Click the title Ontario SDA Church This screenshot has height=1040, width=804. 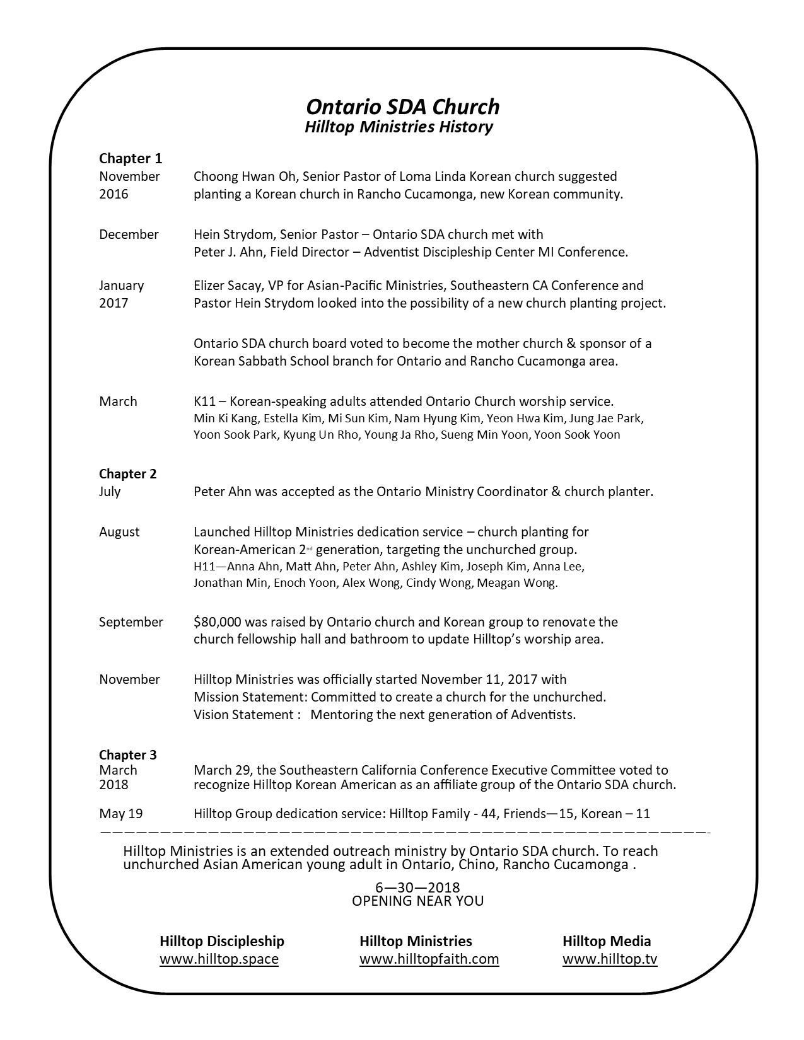pos(402,107)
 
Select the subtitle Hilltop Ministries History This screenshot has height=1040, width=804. pos(399,127)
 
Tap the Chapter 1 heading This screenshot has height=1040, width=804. pos(131,158)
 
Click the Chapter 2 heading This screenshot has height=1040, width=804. pos(128,474)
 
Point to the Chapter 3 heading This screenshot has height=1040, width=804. pos(128,754)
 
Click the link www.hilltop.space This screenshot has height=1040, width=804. pos(219,959)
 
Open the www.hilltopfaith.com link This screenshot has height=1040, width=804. pos(429,959)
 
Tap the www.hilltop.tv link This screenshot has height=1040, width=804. pos(610,959)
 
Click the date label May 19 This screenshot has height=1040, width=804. pos(121,813)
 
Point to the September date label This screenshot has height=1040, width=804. pos(131,622)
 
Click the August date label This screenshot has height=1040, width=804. pos(119,532)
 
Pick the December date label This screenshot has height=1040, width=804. pos(129,234)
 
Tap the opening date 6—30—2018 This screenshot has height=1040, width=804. pos(417,888)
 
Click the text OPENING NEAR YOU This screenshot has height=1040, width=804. pos(417,901)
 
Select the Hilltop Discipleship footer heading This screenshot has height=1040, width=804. pos(222,941)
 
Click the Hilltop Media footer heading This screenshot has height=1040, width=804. pos(607,941)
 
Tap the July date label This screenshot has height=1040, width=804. pos(110,492)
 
